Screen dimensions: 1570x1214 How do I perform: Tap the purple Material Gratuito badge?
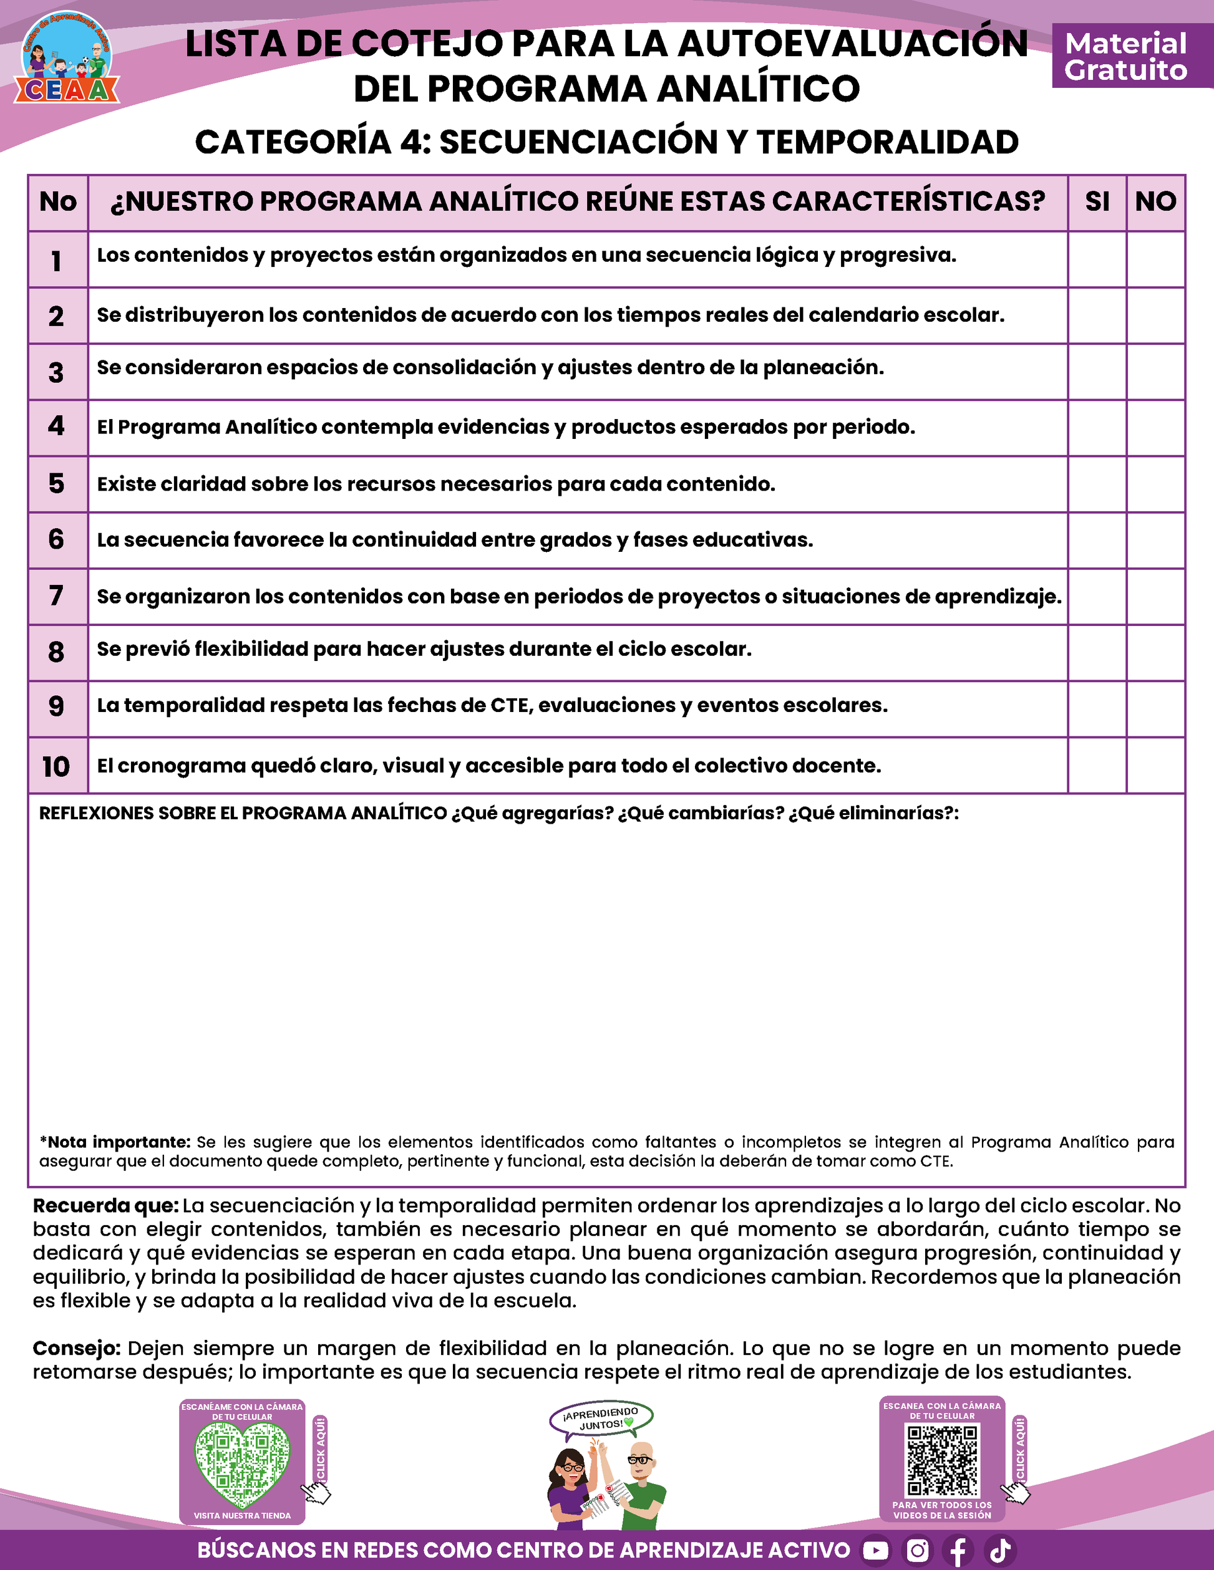point(1125,56)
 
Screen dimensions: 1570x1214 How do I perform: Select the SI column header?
point(1097,202)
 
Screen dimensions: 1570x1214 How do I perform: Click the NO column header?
point(1156,202)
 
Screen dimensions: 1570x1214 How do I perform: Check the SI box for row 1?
point(1097,259)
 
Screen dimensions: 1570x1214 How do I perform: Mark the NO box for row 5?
point(1156,484)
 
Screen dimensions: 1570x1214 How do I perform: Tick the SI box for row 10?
point(1097,766)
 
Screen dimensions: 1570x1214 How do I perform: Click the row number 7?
point(57,596)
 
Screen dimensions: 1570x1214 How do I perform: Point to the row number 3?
point(57,372)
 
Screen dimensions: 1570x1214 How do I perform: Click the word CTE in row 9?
point(509,706)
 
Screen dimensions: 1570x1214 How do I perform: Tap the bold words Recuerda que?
point(105,1205)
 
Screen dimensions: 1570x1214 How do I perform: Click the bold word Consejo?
point(76,1348)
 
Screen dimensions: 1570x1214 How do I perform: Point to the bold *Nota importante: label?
point(115,1142)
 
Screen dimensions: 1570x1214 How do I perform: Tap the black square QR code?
point(942,1461)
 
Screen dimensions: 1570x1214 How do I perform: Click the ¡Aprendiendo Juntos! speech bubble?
point(601,1418)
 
